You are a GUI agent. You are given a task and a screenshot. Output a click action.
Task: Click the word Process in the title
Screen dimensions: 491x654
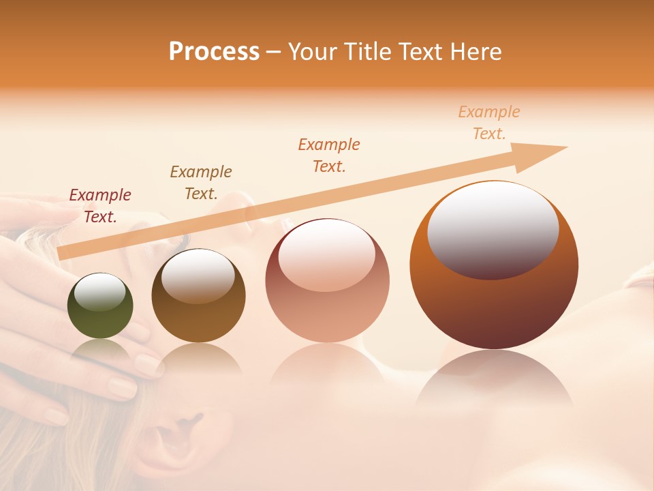point(214,51)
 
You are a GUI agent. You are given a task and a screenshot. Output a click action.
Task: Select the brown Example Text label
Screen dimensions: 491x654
point(201,183)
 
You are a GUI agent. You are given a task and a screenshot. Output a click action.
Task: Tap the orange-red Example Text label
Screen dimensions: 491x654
point(329,155)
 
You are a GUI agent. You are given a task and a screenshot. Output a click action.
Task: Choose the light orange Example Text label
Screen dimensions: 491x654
point(489,123)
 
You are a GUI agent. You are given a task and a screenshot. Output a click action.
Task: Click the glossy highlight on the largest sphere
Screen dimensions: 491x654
point(493,228)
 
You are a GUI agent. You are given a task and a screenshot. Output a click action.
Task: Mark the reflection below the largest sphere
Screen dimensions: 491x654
point(494,378)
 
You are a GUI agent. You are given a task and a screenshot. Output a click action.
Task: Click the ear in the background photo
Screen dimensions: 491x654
point(174,436)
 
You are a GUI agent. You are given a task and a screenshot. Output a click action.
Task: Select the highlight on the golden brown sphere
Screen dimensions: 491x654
point(198,276)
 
